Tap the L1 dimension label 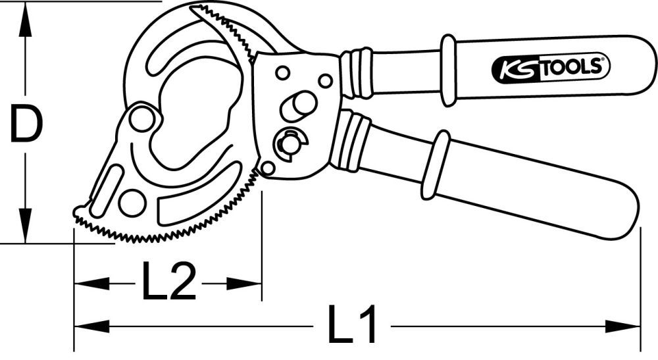pyautogui.click(x=352, y=325)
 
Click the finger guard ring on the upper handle pyautogui.click(x=448, y=70)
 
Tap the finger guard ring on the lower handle pyautogui.click(x=435, y=165)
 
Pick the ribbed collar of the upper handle pyautogui.click(x=357, y=72)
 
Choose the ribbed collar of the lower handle pyautogui.click(x=349, y=141)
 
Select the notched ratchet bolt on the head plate pyautogui.click(x=290, y=143)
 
